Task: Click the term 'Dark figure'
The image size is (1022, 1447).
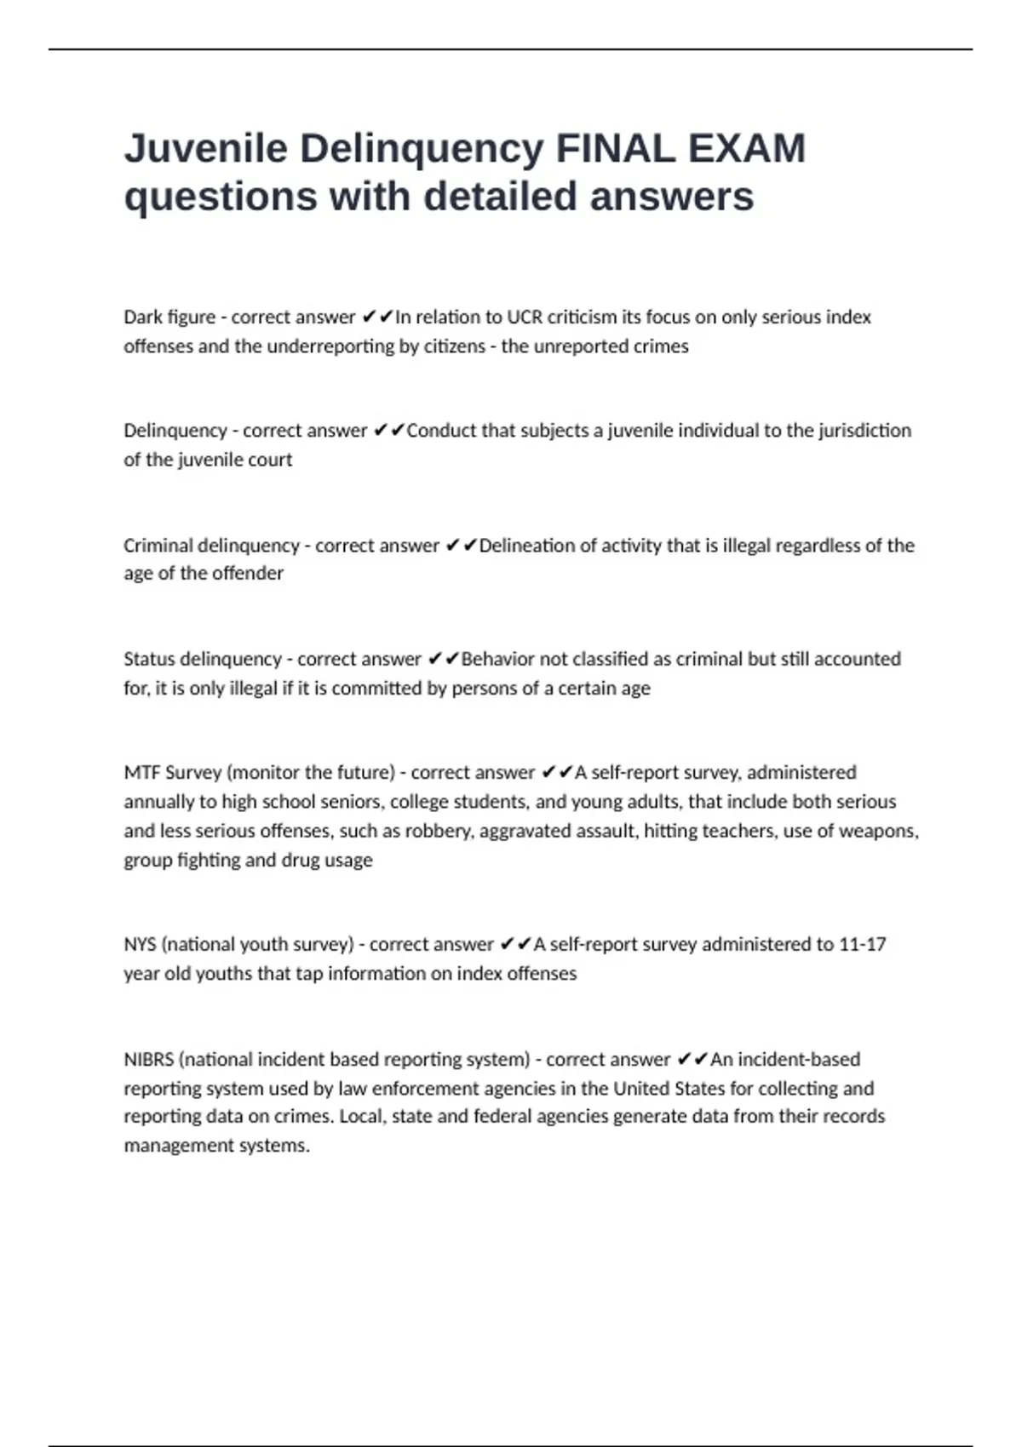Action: [x=169, y=317]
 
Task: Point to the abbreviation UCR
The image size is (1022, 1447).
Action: [x=525, y=317]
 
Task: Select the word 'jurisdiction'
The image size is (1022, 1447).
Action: [x=864, y=430]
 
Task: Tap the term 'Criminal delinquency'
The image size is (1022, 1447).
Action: [x=211, y=545]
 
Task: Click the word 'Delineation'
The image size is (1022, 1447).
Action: [x=526, y=545]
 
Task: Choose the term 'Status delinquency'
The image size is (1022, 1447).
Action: [x=203, y=659]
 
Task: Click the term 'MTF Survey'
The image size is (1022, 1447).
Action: [x=172, y=772]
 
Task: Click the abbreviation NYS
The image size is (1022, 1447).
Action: [x=140, y=944]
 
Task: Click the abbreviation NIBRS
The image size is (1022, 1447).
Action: [x=149, y=1059]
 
